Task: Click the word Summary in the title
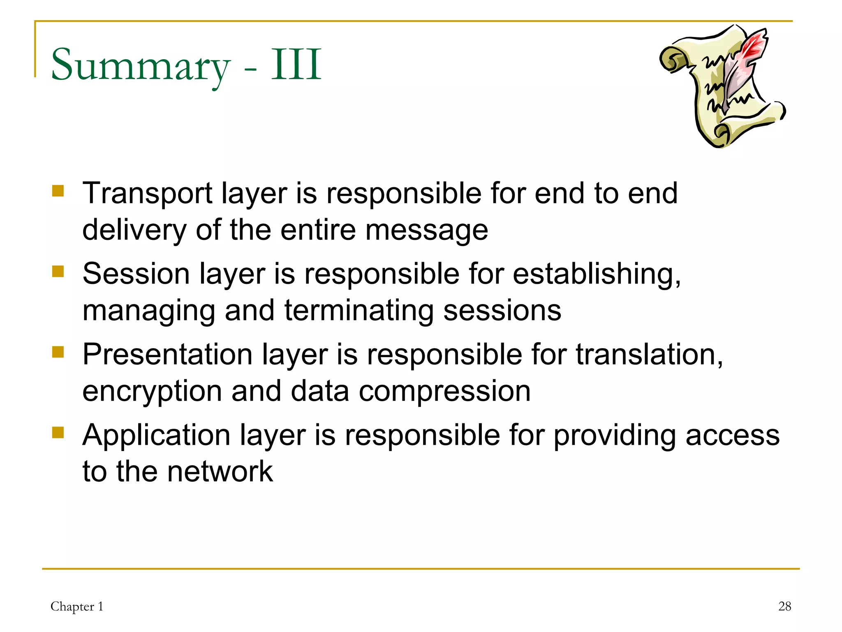tap(140, 66)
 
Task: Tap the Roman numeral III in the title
tap(296, 65)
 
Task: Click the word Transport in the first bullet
tap(148, 193)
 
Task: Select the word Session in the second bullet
tap(136, 274)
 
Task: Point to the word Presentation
tap(167, 355)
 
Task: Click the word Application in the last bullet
tap(156, 435)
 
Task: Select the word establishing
tap(597, 274)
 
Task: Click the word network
tap(220, 472)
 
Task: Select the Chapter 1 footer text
tap(77, 606)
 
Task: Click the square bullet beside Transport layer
tap(58, 191)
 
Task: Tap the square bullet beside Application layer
tap(58, 433)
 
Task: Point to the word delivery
tap(134, 230)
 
